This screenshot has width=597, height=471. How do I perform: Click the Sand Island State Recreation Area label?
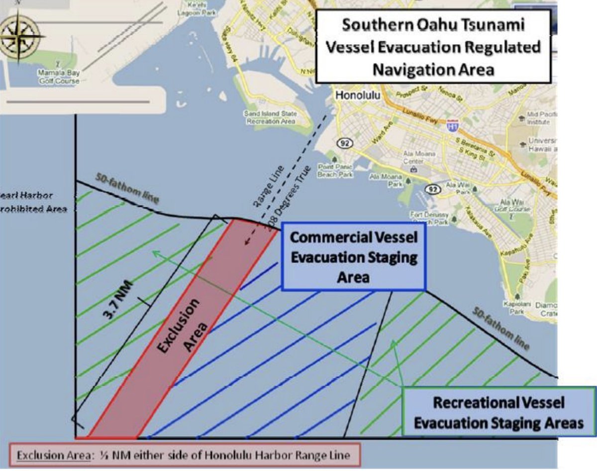270,118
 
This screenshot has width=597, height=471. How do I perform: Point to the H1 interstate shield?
452,124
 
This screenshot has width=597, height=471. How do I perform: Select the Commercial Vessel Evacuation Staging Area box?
353,257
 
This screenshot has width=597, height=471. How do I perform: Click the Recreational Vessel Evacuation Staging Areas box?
499,413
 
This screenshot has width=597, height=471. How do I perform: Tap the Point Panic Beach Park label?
335,171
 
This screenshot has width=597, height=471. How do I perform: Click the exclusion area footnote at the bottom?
184,455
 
